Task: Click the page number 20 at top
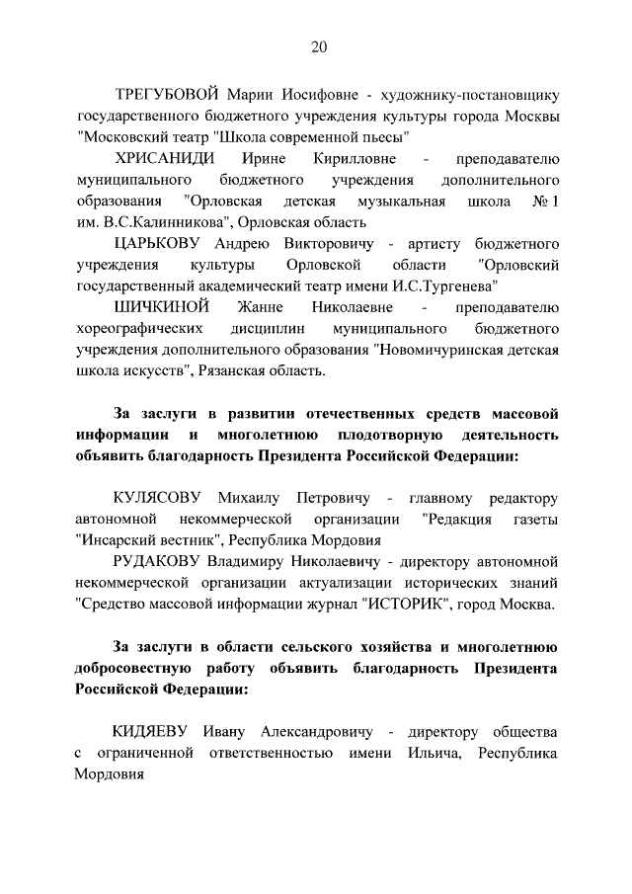tap(317, 46)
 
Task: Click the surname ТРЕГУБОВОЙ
tap(165, 96)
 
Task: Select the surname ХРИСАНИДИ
tap(166, 159)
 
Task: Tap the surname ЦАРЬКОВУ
tap(163, 244)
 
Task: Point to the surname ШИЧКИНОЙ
tap(159, 307)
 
